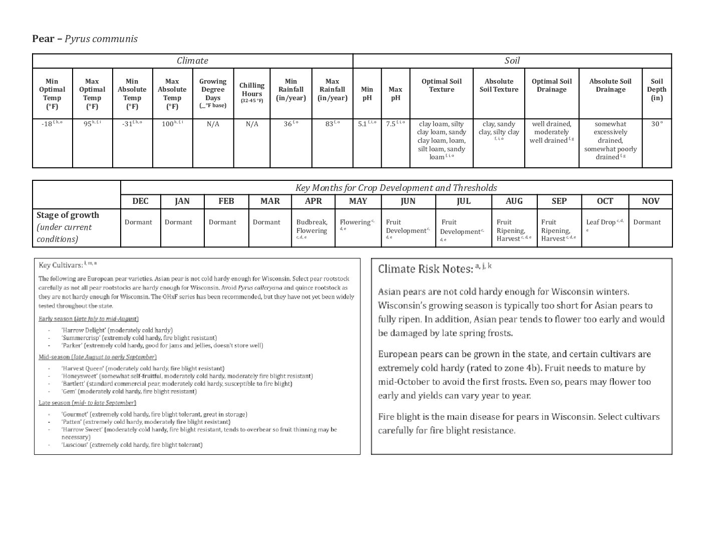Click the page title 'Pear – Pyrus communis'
click(x=85, y=39)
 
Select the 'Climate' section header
click(x=192, y=61)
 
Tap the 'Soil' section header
click(x=512, y=61)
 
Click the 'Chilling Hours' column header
click(x=251, y=90)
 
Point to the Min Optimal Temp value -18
click(x=48, y=124)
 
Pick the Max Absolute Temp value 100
click(x=168, y=124)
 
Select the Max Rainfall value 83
click(x=329, y=124)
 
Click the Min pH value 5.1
click(x=363, y=124)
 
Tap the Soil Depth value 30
click(x=655, y=124)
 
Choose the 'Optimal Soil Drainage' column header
click(x=551, y=86)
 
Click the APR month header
click(x=313, y=201)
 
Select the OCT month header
click(x=605, y=201)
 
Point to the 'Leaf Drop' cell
click(x=600, y=222)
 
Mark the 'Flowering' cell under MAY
click(x=355, y=222)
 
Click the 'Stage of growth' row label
click(x=68, y=215)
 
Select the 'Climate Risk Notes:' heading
click(x=425, y=269)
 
